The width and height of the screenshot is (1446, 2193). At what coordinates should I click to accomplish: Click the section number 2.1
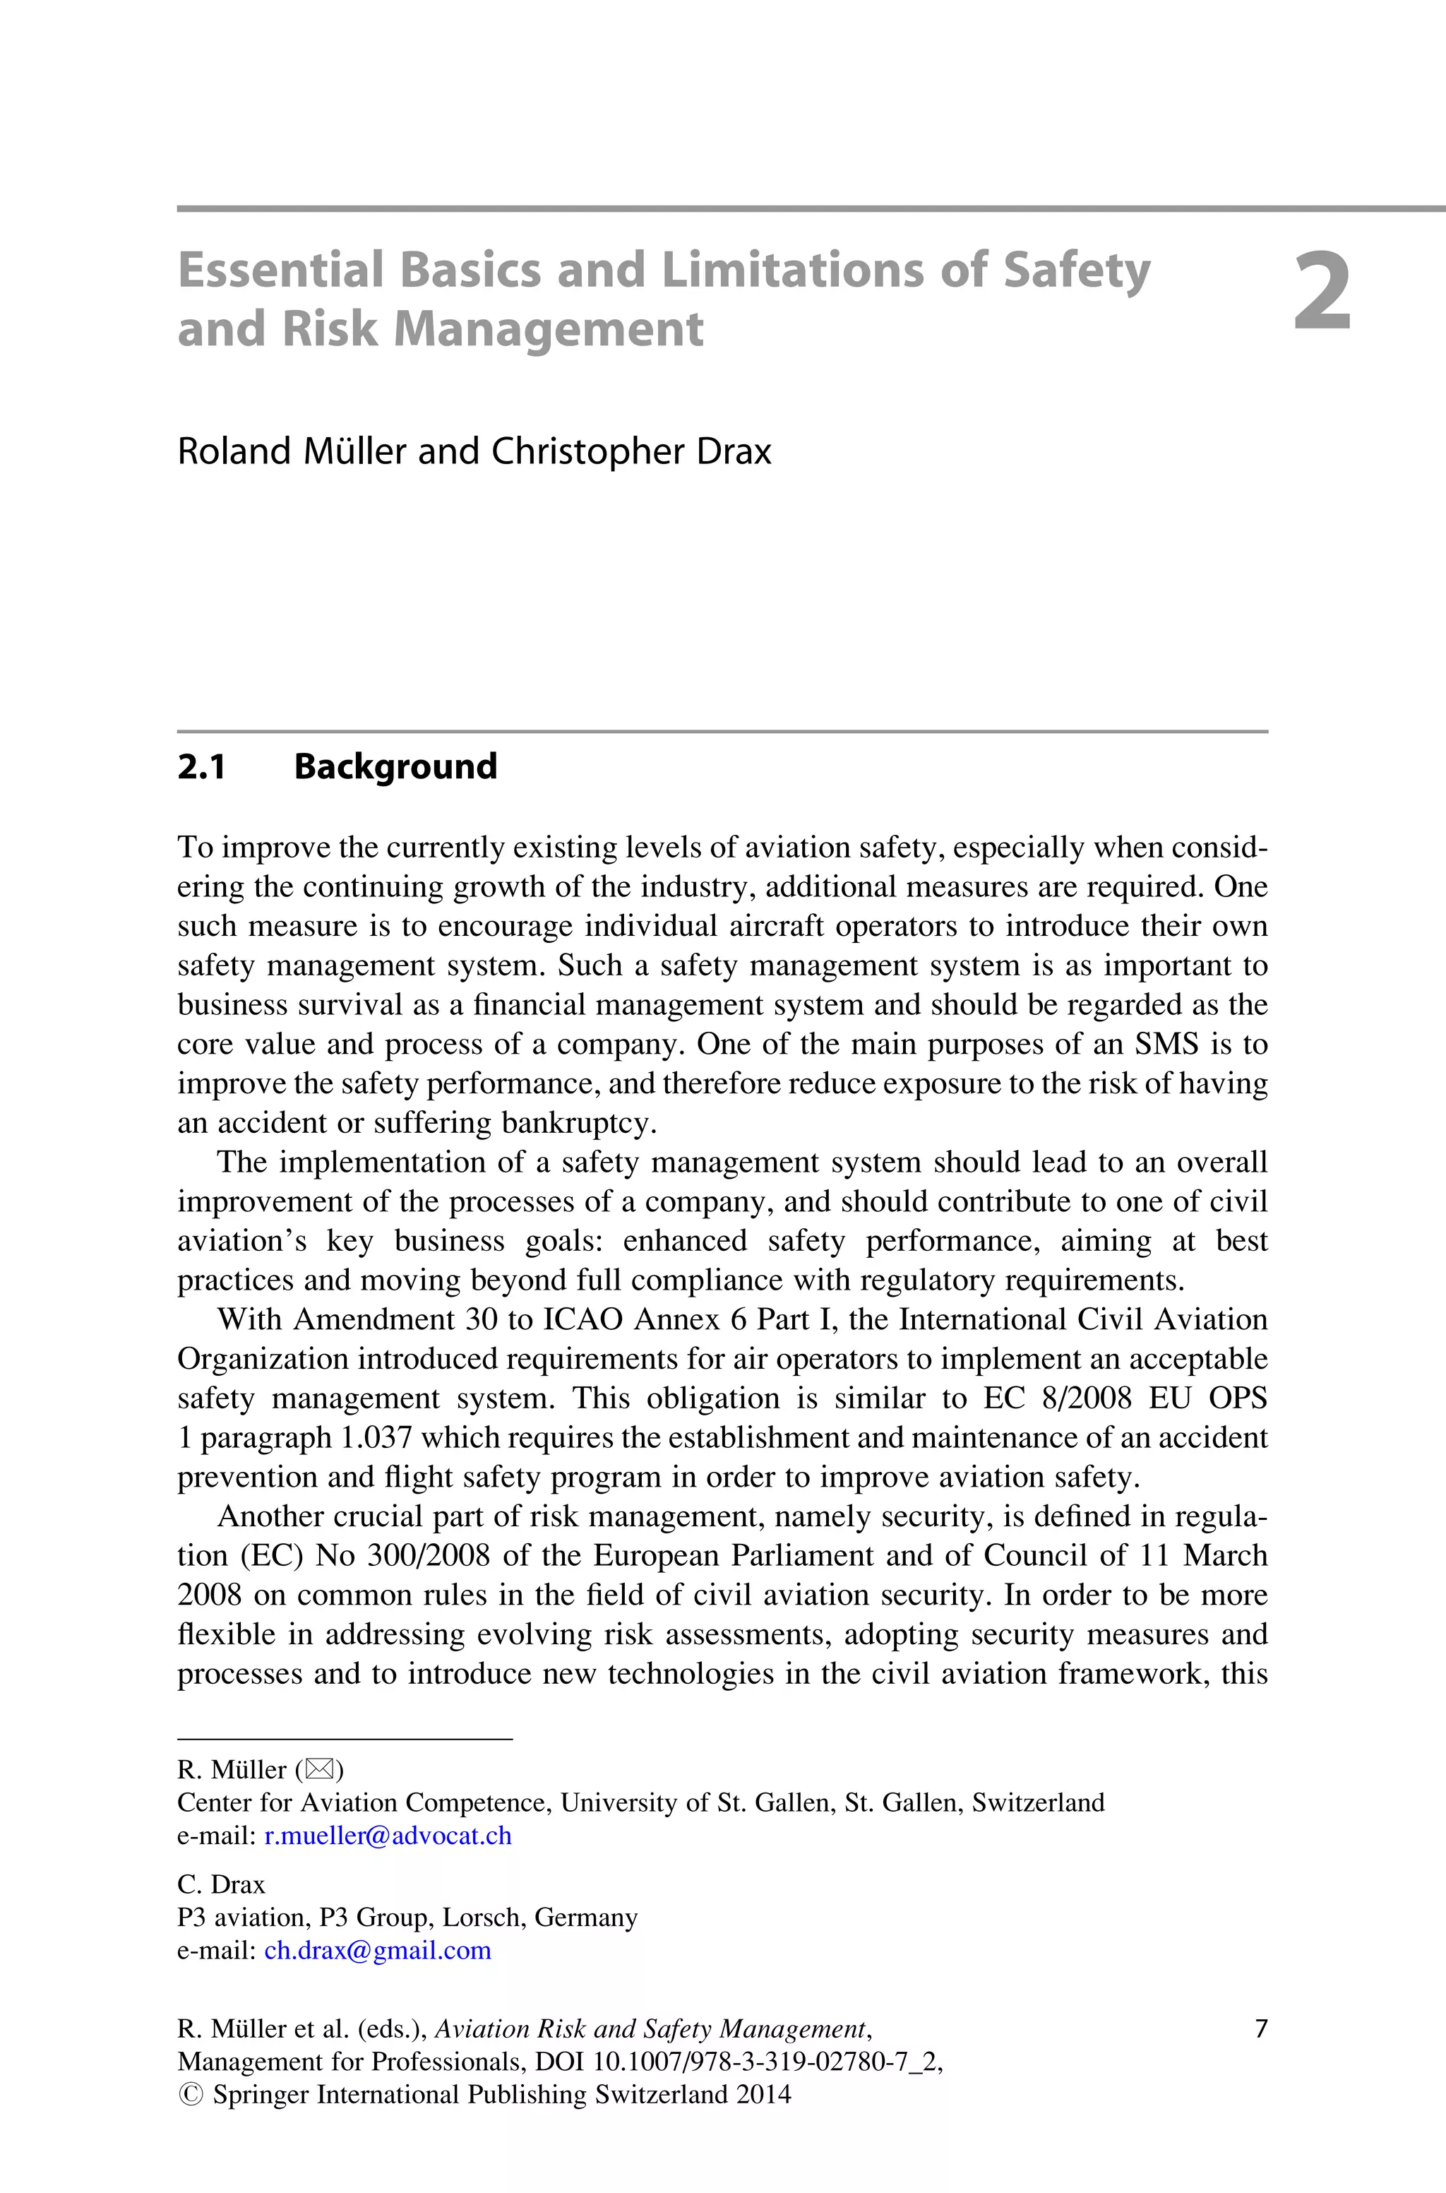(201, 766)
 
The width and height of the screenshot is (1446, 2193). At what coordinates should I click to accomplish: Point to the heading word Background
(395, 766)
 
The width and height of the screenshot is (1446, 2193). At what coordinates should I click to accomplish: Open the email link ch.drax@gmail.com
(377, 1951)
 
